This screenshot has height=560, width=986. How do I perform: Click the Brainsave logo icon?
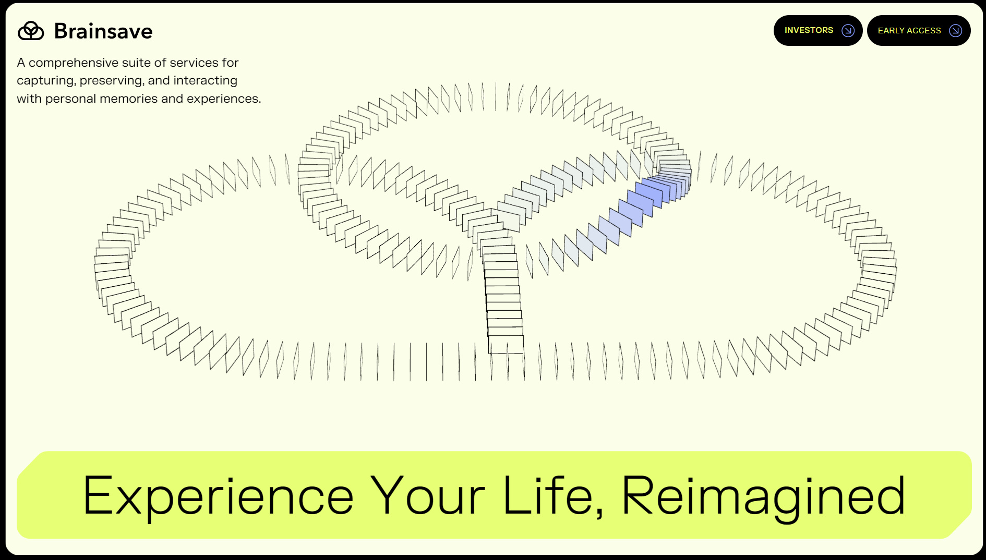click(31, 31)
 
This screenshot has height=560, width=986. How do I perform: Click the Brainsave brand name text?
click(103, 31)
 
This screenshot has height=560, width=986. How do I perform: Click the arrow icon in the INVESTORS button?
click(848, 31)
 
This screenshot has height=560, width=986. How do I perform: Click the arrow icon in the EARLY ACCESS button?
click(955, 31)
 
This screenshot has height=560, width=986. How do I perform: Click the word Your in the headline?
click(428, 496)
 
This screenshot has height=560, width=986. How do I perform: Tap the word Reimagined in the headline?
click(763, 496)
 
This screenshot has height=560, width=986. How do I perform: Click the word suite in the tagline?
click(135, 63)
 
